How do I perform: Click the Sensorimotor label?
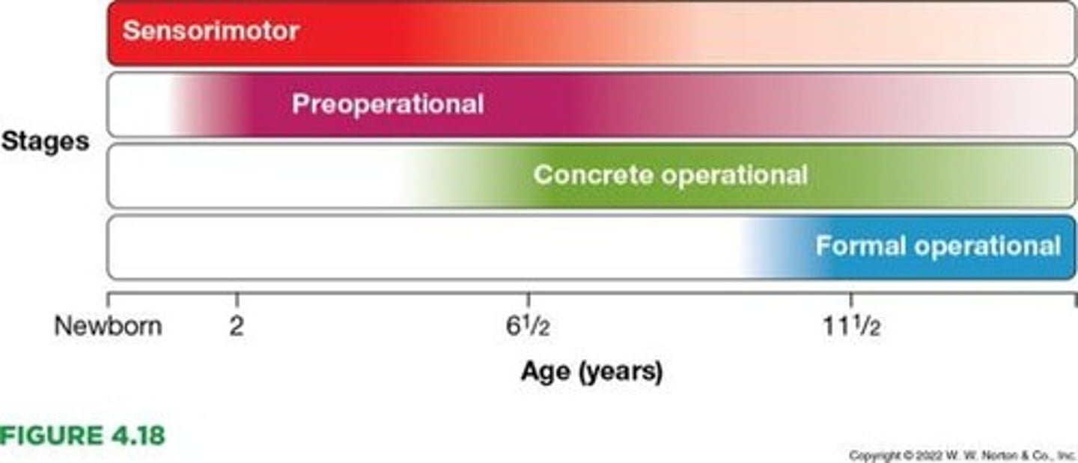[210, 31]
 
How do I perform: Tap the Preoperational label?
[387, 104]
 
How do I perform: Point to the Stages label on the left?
[45, 141]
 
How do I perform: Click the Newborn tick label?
[108, 327]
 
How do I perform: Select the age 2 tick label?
[237, 327]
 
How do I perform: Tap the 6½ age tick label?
[529, 327]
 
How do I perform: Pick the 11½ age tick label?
[849, 327]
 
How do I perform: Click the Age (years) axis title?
[591, 372]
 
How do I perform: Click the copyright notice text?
[961, 455]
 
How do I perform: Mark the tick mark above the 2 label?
[237, 300]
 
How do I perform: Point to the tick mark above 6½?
[529, 300]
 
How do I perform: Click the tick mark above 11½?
[850, 300]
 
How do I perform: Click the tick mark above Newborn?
[109, 300]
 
